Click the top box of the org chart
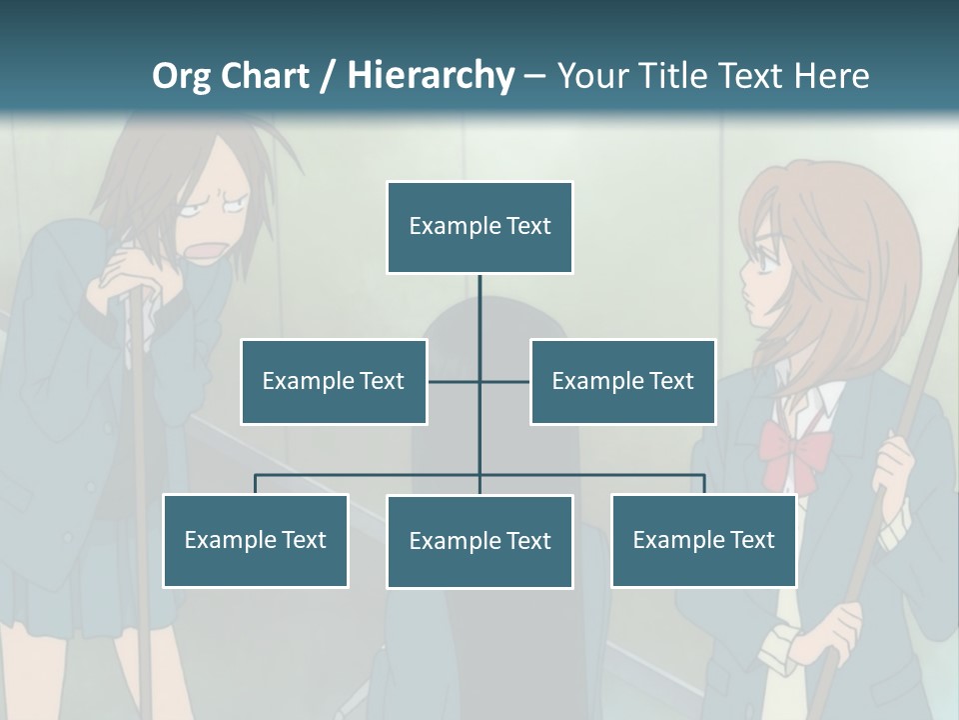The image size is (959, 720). [479, 227]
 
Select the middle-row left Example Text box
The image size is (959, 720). [334, 381]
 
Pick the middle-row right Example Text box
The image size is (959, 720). [622, 381]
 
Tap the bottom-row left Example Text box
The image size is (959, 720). [255, 540]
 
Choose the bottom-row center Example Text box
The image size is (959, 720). [479, 541]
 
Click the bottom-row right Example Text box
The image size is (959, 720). [703, 540]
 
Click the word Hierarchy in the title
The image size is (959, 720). [431, 75]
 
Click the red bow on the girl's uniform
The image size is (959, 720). [794, 446]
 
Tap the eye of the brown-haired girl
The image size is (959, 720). [762, 262]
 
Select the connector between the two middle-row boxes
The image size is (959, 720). [479, 381]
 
